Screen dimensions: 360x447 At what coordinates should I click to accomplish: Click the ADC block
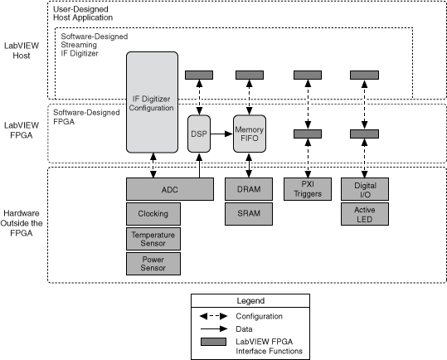(x=169, y=189)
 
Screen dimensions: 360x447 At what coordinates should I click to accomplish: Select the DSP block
(x=199, y=132)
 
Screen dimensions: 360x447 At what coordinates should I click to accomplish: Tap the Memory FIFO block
(x=250, y=132)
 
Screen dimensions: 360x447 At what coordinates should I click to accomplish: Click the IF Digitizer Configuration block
(x=153, y=103)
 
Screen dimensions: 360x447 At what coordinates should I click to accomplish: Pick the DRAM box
(x=250, y=189)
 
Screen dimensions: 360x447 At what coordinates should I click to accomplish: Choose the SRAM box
(x=250, y=213)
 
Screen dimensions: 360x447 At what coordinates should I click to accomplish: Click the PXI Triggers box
(x=308, y=189)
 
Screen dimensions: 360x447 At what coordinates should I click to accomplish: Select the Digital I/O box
(x=365, y=189)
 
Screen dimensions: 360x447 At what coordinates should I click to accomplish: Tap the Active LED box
(x=365, y=213)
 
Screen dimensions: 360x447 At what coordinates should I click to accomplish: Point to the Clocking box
(x=153, y=213)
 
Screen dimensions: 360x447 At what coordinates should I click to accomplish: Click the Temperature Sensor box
(x=153, y=239)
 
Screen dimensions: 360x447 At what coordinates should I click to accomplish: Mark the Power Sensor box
(x=153, y=264)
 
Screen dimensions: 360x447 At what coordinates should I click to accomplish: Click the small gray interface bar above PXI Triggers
(x=308, y=132)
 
